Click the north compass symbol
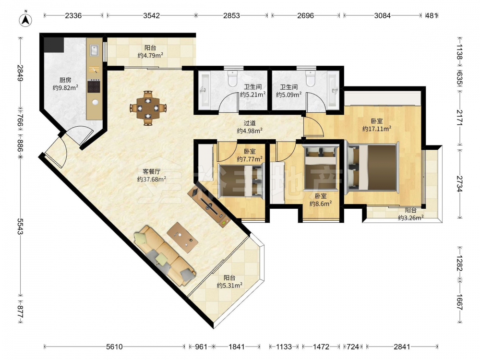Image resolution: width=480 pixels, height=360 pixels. click(x=26, y=20)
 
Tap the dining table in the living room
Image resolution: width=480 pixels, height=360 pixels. click(x=148, y=108)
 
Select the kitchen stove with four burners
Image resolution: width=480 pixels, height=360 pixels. click(x=94, y=86)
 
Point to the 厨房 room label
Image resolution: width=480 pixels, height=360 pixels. click(x=65, y=80)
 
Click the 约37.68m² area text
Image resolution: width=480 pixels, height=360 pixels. click(x=152, y=179)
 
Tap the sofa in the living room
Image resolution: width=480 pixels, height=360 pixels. click(x=165, y=256)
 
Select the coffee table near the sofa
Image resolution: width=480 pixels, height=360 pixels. click(x=182, y=237)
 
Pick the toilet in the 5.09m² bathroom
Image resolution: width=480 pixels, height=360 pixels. click(x=311, y=78)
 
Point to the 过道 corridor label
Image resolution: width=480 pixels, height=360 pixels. click(x=250, y=123)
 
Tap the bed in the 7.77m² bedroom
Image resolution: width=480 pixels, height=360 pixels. click(x=240, y=180)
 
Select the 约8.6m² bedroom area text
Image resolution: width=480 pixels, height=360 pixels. click(x=321, y=204)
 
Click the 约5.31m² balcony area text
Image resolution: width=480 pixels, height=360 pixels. click(x=229, y=285)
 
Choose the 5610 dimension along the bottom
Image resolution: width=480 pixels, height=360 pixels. click(x=114, y=347)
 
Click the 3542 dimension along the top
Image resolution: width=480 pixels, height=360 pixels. click(x=152, y=15)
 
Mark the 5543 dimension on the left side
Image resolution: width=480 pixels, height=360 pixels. click(x=20, y=226)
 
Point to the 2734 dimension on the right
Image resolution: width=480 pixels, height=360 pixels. click(x=460, y=184)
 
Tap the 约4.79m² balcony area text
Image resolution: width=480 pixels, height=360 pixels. click(x=150, y=55)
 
